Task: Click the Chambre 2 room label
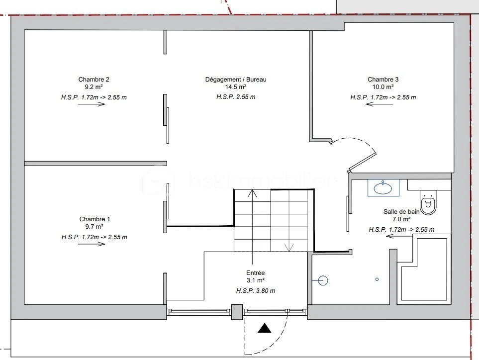tap(94, 80)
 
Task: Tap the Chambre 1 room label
tap(95, 219)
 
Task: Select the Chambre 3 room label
tap(383, 80)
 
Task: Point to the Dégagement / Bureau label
tap(236, 80)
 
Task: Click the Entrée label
tap(255, 273)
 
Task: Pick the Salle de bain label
tap(401, 212)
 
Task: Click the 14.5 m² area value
tap(236, 87)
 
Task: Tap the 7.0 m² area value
tap(401, 219)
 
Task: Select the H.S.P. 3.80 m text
tap(256, 291)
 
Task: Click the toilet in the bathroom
tap(428, 202)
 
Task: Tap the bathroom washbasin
tap(383, 188)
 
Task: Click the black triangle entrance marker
tap(264, 328)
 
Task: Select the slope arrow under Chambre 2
tap(92, 104)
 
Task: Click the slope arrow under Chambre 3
tap(380, 104)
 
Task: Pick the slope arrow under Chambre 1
tap(92, 244)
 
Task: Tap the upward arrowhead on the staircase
tap(252, 193)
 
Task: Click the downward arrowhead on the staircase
tap(289, 248)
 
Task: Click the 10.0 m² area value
tap(383, 87)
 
